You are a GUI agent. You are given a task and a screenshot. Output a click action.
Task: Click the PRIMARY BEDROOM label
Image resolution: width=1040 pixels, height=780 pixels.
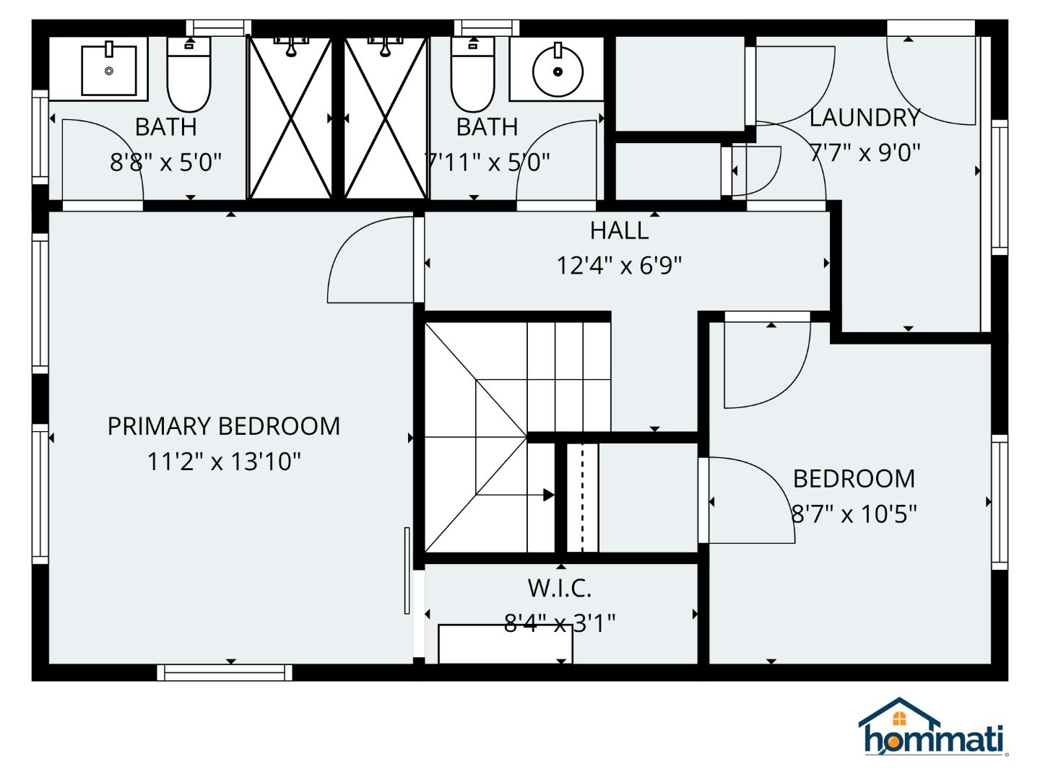(223, 426)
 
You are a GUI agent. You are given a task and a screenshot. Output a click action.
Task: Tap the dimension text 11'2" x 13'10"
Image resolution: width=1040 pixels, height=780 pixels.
(223, 461)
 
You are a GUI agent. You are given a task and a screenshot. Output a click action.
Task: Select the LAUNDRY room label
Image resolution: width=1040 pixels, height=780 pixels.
(864, 117)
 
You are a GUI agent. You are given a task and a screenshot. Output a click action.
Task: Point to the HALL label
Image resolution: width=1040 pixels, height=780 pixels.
(619, 230)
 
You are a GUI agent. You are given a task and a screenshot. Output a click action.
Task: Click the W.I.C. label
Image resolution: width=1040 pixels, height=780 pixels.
(560, 588)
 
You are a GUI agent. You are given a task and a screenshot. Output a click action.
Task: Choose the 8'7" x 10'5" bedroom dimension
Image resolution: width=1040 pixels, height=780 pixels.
(854, 514)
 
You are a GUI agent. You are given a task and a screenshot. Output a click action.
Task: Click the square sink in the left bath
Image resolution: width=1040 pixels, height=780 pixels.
(109, 69)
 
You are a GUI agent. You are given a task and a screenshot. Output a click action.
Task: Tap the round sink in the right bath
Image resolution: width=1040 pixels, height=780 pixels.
(557, 71)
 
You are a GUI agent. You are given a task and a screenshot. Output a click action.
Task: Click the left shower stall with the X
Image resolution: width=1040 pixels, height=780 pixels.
(290, 118)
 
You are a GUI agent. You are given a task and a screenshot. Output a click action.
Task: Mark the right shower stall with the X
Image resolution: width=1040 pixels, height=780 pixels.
(386, 118)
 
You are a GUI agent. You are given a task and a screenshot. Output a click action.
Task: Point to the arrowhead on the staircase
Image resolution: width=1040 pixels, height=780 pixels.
(549, 495)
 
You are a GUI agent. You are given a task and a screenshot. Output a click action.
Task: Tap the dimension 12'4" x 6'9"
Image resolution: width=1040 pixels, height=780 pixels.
(619, 266)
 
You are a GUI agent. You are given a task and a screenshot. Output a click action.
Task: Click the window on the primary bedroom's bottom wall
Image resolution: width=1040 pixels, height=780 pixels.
(225, 673)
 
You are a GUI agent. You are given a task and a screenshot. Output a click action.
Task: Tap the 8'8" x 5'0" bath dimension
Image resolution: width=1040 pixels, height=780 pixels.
(165, 162)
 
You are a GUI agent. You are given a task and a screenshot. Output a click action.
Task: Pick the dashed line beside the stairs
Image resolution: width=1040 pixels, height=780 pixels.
(582, 498)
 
